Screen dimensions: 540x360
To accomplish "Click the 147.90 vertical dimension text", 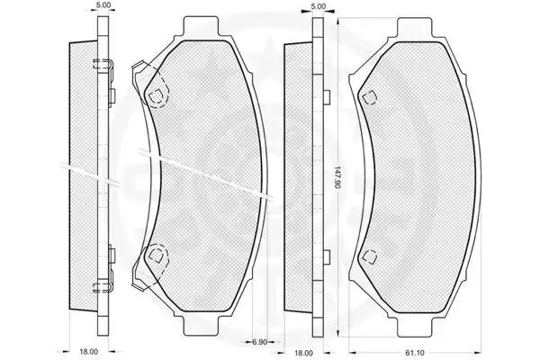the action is click(337, 177).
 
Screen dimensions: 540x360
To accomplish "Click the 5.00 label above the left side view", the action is click(103, 4).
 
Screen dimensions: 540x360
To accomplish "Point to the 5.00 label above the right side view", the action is click(318, 6).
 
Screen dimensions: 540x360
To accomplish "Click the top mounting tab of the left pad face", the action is click(201, 25).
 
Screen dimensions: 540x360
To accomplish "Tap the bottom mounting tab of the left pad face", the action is click(201, 325).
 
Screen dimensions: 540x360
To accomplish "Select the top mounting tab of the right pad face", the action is click(415, 27).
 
